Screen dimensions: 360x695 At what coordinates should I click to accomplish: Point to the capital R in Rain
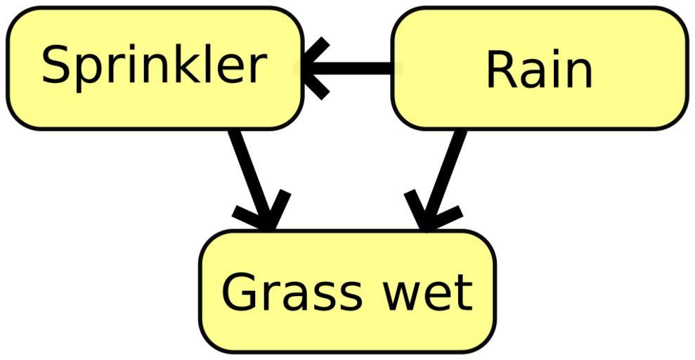(500, 70)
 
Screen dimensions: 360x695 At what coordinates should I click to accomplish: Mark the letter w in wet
(400, 295)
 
